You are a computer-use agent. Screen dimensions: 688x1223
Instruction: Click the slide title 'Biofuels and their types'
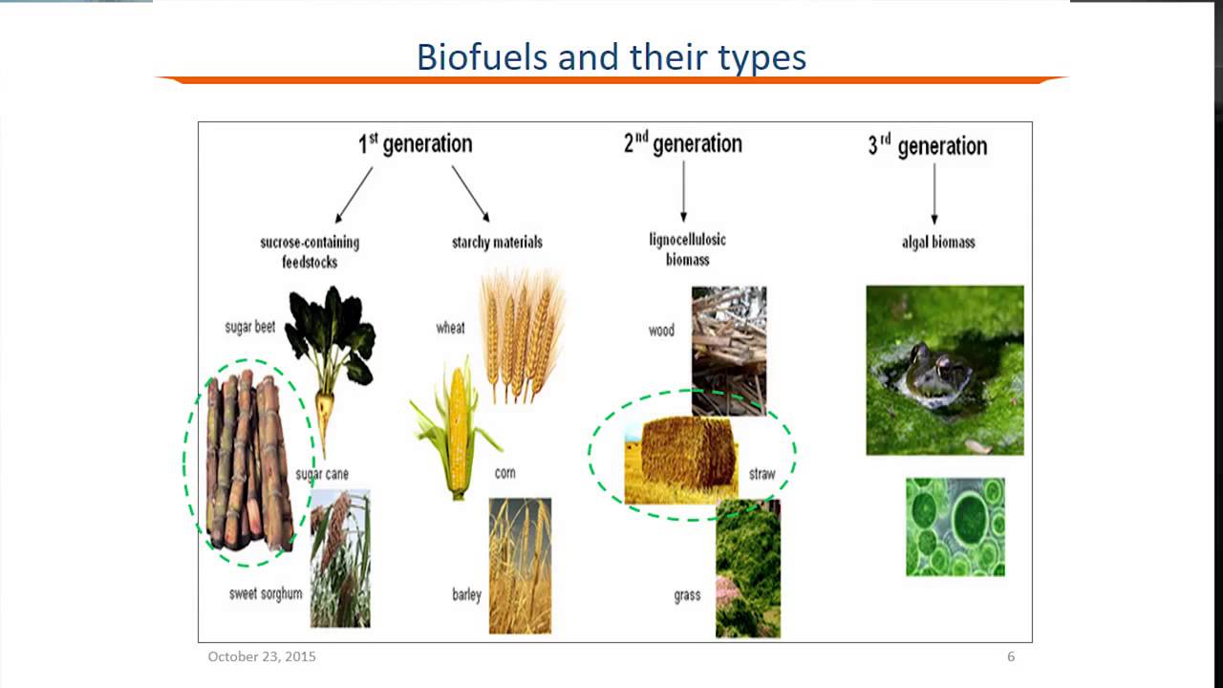pos(611,57)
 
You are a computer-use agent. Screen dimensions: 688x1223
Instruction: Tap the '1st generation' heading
pos(415,144)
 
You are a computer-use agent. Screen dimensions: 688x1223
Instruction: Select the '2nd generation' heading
pos(682,143)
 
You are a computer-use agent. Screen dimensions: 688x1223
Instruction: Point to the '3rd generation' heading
pos(927,146)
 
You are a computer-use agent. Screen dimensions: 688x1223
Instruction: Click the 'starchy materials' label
pos(497,243)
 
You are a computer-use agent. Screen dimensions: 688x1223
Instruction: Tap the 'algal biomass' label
pos(937,243)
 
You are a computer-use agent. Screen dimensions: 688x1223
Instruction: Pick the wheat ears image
pos(521,334)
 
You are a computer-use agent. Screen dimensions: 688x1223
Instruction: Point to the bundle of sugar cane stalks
pos(248,462)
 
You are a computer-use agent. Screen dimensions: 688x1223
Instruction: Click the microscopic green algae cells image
pos(955,527)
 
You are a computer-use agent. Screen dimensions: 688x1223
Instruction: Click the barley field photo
pos(520,566)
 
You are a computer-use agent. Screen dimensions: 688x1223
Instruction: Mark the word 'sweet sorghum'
pos(265,593)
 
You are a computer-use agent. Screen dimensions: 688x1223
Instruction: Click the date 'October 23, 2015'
pos(262,656)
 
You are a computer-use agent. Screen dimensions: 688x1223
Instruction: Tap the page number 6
pos(1011,656)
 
